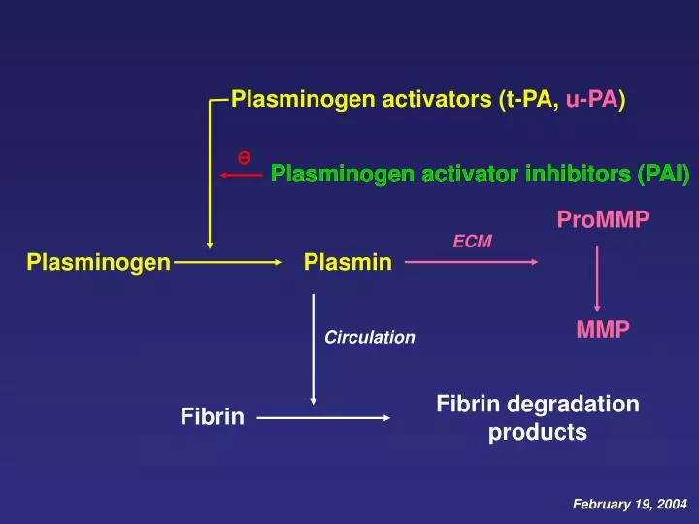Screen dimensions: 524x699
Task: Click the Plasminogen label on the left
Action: (x=99, y=262)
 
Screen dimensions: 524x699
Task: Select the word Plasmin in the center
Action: (x=348, y=262)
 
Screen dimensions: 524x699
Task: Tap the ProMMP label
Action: (x=602, y=220)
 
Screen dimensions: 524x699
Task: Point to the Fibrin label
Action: (x=212, y=417)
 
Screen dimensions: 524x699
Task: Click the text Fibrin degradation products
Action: (x=538, y=418)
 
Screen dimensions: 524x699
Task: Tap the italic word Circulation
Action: (x=369, y=338)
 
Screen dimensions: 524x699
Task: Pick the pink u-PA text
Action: (x=590, y=99)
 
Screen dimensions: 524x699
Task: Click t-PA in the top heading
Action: (x=529, y=99)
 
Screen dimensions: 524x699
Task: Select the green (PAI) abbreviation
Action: (x=663, y=175)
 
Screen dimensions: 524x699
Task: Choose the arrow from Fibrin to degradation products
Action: (x=323, y=418)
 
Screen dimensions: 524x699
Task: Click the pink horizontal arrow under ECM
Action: (x=471, y=262)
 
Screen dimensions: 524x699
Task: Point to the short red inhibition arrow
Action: (x=241, y=176)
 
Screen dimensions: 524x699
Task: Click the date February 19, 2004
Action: (x=629, y=505)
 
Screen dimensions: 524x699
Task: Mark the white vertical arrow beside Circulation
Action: (x=313, y=349)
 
